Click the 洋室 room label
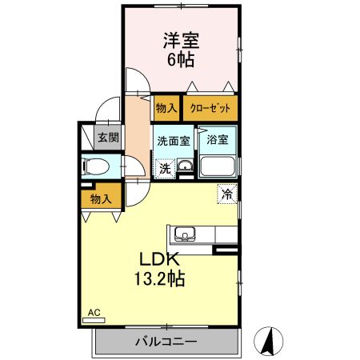[x=182, y=40]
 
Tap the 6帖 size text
[x=182, y=59]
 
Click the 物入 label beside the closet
[x=166, y=107]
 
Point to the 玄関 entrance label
[x=107, y=137]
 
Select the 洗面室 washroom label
[x=172, y=139]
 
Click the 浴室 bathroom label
[x=216, y=139]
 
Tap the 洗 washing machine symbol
[x=164, y=168]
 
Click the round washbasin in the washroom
[x=185, y=166]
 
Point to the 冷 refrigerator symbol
[x=227, y=193]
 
